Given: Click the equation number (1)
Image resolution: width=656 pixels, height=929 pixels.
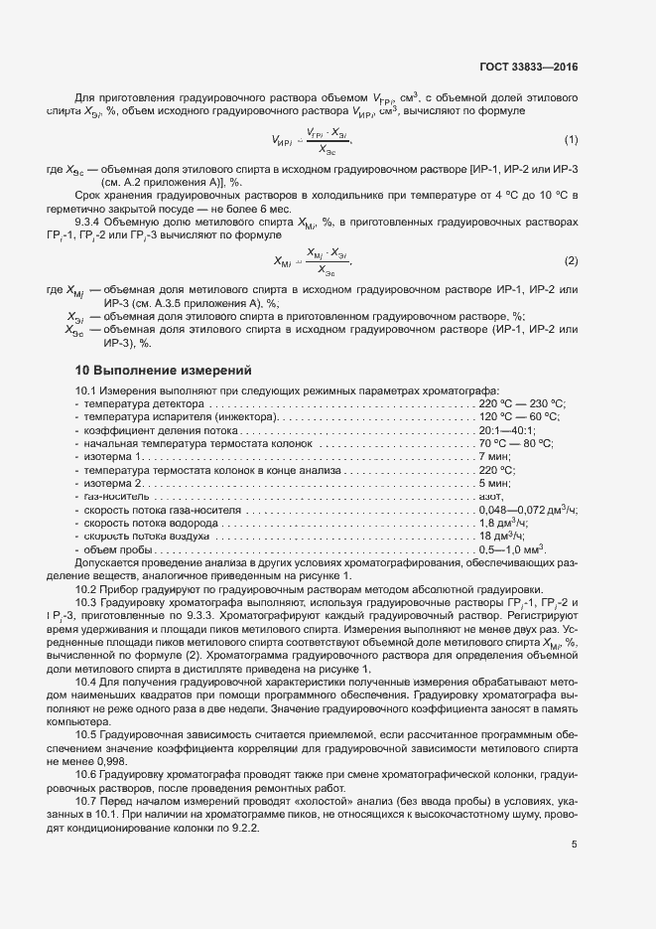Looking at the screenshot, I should [571, 140].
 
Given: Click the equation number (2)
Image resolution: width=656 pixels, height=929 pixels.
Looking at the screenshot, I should [571, 260].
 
